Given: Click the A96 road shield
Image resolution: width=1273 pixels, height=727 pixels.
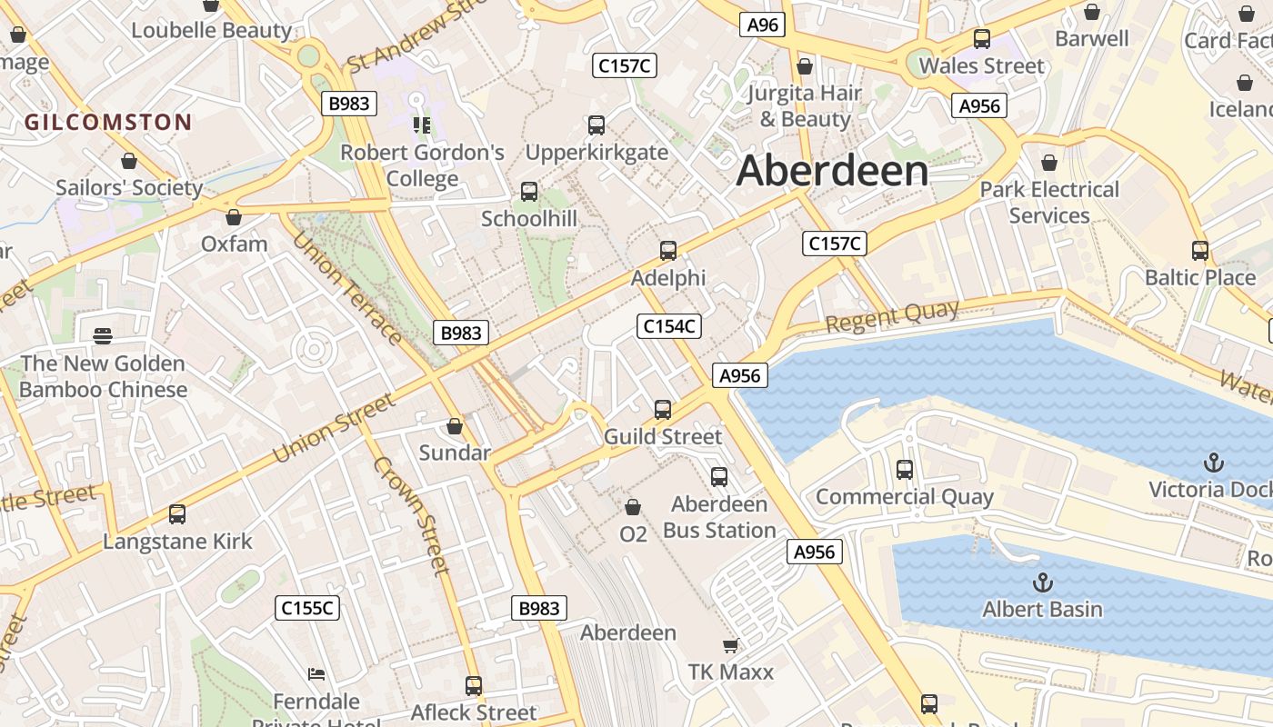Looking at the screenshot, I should [x=762, y=25].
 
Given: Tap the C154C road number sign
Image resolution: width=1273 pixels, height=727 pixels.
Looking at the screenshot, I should [x=669, y=326].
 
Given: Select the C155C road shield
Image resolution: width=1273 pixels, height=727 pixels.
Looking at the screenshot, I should [x=307, y=608].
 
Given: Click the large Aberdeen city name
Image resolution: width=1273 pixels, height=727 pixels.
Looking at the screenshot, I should [x=832, y=171].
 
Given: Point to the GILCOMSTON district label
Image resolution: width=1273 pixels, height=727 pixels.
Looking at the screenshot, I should [x=108, y=123].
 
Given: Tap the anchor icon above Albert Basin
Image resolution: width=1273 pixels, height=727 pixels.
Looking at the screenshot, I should [x=1042, y=583].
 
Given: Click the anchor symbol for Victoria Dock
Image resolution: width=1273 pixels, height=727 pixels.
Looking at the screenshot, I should [x=1213, y=463].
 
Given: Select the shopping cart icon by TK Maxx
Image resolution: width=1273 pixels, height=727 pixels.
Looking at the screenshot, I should [x=730, y=646].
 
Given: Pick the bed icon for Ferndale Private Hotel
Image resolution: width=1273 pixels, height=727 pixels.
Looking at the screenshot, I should [x=316, y=674].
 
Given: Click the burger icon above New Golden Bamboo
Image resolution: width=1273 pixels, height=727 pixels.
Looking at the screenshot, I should [x=103, y=336].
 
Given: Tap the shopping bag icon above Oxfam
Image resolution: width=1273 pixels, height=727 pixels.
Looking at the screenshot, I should [x=234, y=217].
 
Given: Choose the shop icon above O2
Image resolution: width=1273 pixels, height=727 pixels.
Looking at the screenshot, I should [x=633, y=507].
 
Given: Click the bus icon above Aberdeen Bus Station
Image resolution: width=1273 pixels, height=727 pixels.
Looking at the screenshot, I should [x=719, y=477].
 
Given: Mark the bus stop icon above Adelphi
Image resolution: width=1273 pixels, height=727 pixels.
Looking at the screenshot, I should [x=668, y=251].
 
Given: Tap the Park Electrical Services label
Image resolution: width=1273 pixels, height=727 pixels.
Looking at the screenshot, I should [x=1049, y=203].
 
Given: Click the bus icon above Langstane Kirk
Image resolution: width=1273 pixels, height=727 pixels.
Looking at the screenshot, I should [x=177, y=514].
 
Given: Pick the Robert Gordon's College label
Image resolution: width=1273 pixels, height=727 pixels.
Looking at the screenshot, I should [x=422, y=164].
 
